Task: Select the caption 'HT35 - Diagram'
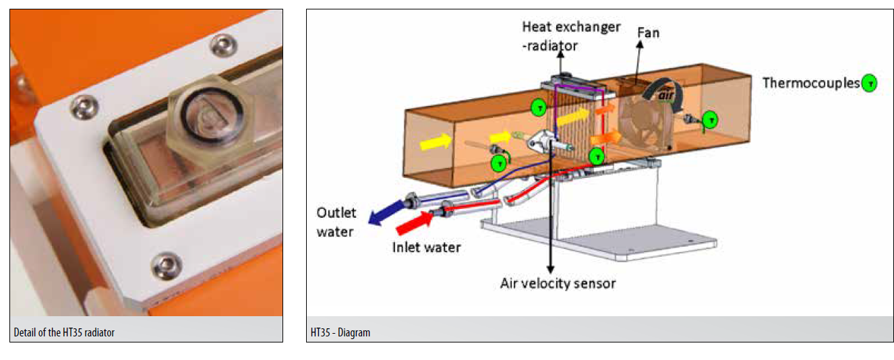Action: pyautogui.click(x=340, y=332)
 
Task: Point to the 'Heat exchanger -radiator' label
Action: pyautogui.click(x=570, y=35)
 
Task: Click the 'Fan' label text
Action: pyautogui.click(x=648, y=32)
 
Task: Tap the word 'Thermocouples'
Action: pyautogui.click(x=811, y=83)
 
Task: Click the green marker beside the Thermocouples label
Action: pyautogui.click(x=870, y=84)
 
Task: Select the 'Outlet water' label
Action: pyautogui.click(x=336, y=222)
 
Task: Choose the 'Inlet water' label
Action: pyautogui.click(x=426, y=247)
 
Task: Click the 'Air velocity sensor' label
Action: pyautogui.click(x=558, y=283)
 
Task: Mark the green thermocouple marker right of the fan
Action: pyautogui.click(x=711, y=120)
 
